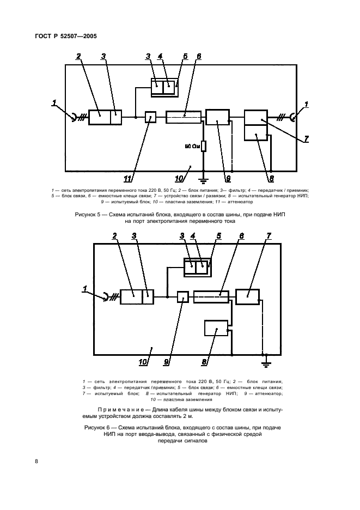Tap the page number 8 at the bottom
tap(36, 462)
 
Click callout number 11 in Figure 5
tap(129, 179)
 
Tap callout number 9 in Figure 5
tap(228, 178)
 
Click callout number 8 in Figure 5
tap(271, 178)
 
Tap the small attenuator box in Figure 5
tap(150, 117)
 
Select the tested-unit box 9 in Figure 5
tap(218, 117)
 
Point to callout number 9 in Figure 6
tap(167, 361)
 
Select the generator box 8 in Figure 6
tap(216, 329)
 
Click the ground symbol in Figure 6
tap(266, 357)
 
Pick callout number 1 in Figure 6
tap(85, 289)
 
